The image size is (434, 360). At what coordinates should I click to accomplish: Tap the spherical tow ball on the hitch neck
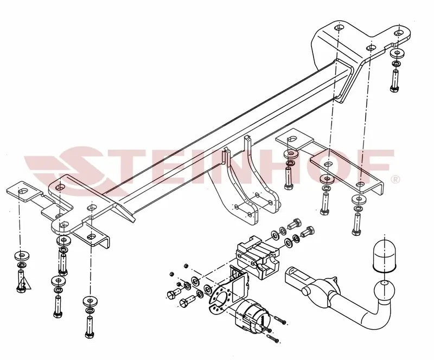coord(385,291)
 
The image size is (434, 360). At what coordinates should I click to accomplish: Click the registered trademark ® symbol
coord(395,179)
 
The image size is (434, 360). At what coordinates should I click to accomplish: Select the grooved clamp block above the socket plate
coord(257,258)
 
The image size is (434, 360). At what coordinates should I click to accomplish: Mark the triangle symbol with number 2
coord(24,284)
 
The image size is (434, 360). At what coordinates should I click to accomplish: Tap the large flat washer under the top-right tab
coord(397,53)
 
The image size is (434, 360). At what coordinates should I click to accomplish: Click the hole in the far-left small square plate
coord(23,191)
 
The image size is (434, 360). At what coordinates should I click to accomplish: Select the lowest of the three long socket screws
coord(273,339)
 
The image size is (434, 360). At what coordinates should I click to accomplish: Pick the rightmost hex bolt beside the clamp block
coord(307,232)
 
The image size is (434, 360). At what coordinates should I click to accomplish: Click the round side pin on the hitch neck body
coord(306,291)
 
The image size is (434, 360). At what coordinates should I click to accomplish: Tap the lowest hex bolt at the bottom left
coord(90,327)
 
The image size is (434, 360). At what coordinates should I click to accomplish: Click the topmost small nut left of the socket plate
coord(186,266)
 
